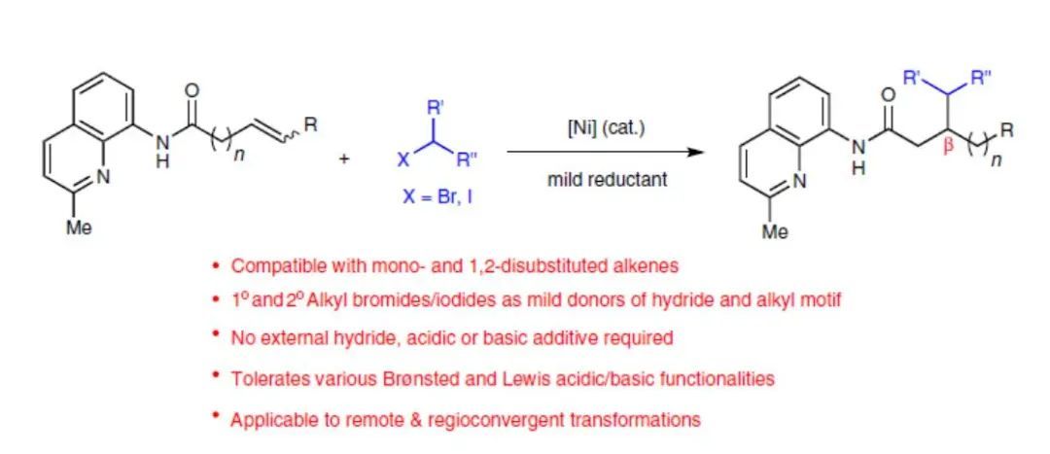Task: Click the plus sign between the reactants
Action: click(344, 159)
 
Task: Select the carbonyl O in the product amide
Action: click(886, 95)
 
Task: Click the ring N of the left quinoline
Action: click(104, 178)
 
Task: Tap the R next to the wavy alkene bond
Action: click(309, 125)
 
